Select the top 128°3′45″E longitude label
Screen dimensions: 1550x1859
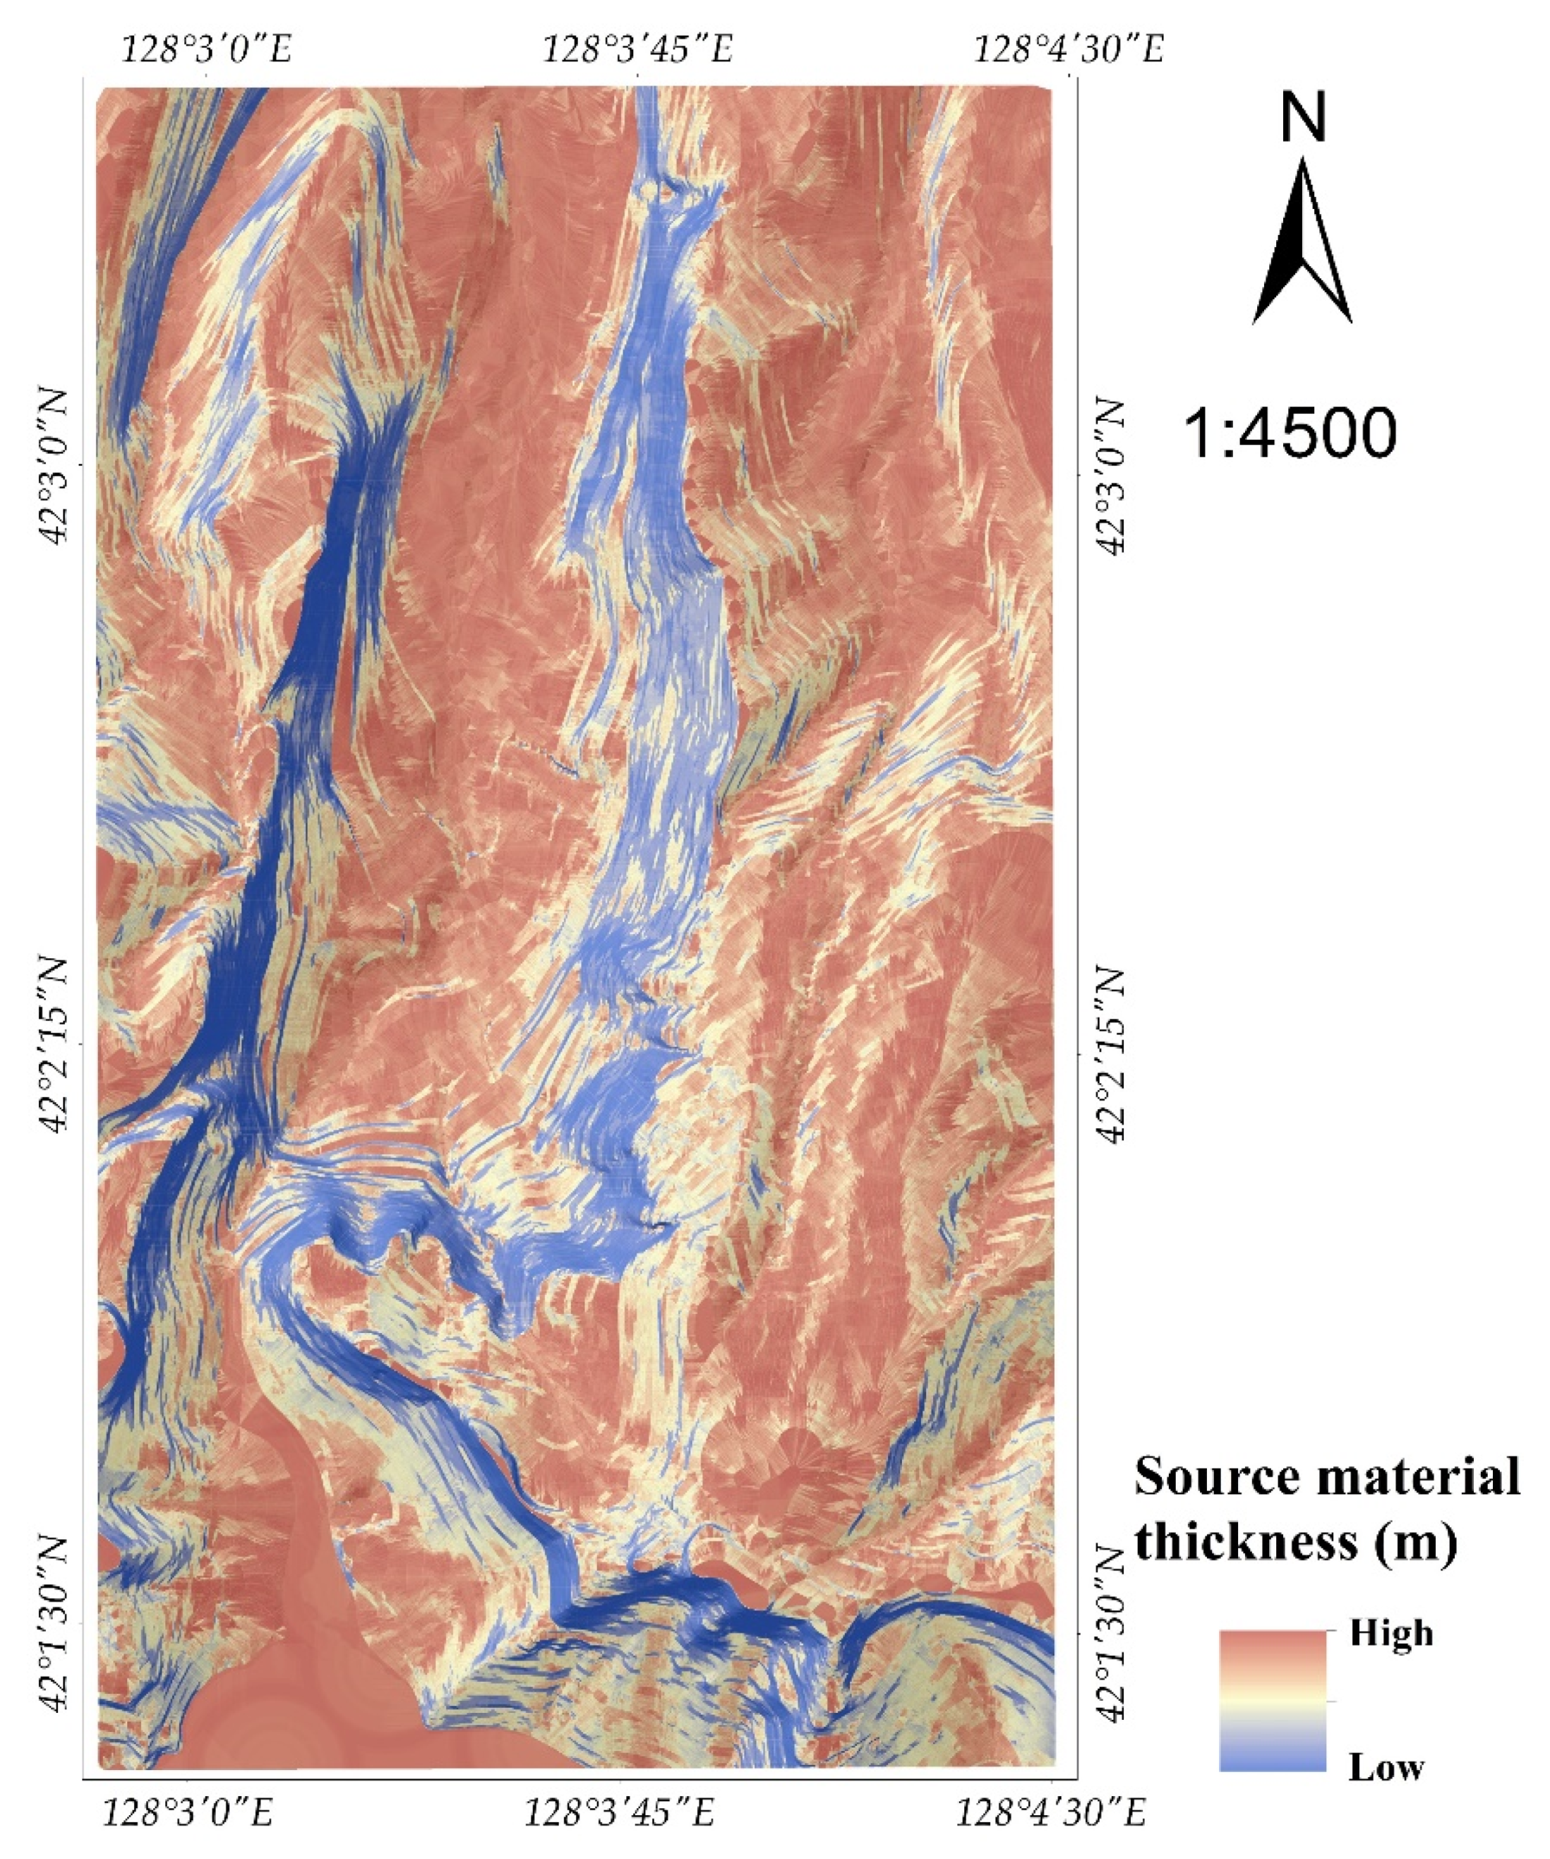coord(637,49)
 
